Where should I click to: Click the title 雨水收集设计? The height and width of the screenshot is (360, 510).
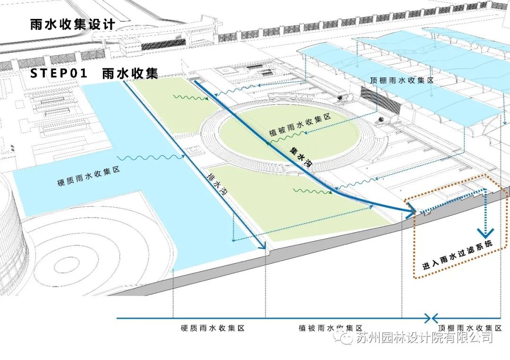[x=72, y=25]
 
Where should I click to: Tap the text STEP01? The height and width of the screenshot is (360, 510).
[x=59, y=74]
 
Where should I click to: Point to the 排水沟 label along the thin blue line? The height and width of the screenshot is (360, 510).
[x=218, y=184]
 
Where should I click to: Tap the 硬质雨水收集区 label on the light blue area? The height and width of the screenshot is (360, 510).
[x=88, y=175]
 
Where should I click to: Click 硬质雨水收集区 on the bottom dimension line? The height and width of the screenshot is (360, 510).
[x=212, y=328]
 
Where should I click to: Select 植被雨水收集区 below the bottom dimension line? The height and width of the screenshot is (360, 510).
[x=330, y=328]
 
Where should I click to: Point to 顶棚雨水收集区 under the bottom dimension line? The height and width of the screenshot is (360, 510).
[x=469, y=328]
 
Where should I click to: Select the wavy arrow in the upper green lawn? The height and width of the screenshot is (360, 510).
[x=191, y=98]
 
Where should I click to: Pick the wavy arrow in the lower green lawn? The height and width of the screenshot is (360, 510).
[x=311, y=191]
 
